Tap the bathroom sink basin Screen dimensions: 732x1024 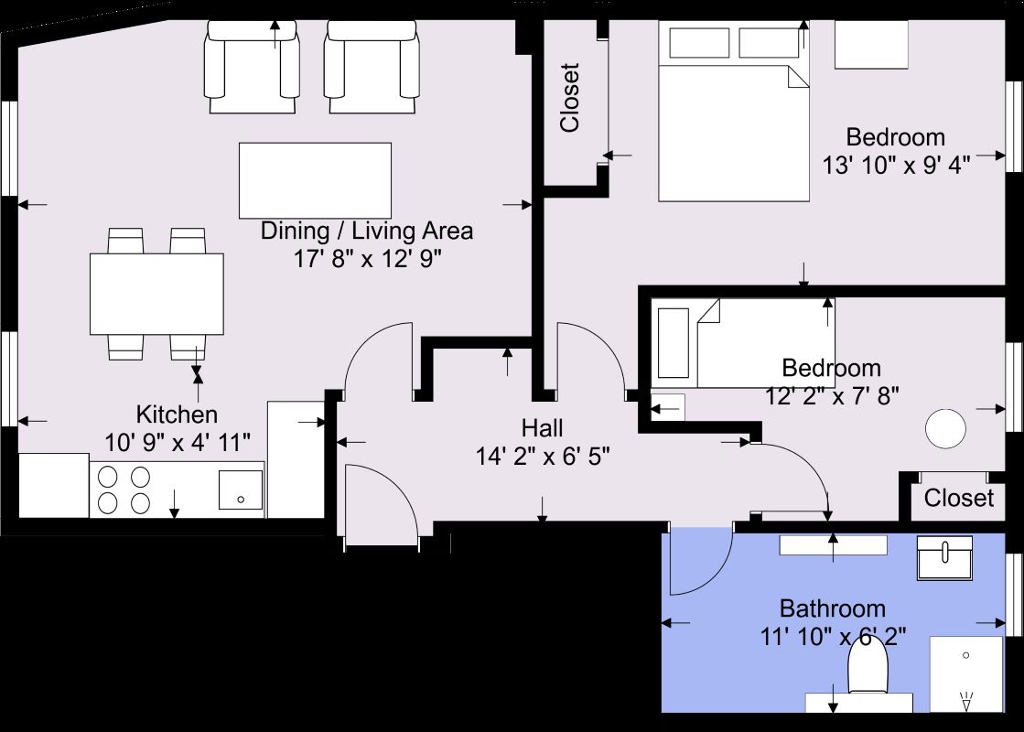click(945, 558)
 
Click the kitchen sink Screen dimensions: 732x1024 click(241, 490)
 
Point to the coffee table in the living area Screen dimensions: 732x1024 click(315, 180)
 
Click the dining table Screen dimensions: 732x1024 click(156, 294)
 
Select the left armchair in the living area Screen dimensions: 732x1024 click(253, 66)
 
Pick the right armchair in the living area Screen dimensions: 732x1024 click(373, 66)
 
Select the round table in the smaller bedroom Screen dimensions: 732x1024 click(945, 428)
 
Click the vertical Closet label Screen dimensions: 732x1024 click(570, 98)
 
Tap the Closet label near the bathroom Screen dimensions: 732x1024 click(958, 498)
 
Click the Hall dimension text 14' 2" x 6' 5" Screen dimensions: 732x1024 click(543, 455)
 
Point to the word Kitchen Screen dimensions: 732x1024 click(177, 414)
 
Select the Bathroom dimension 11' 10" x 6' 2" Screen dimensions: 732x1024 click(833, 635)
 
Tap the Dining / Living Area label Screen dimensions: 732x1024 click(367, 231)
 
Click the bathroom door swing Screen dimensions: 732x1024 click(700, 563)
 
